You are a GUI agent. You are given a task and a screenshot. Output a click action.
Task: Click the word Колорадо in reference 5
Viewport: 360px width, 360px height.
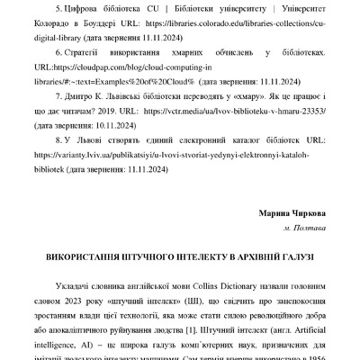(62, 26)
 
